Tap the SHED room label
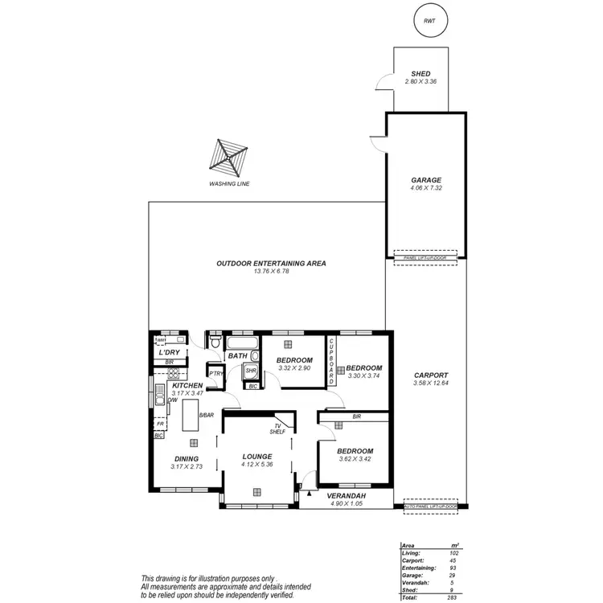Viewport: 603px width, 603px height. [420, 74]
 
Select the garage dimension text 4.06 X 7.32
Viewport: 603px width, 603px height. [426, 188]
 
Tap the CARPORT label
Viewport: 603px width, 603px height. [431, 376]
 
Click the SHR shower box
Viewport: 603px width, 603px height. [251, 371]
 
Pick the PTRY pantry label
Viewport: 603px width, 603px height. [215, 373]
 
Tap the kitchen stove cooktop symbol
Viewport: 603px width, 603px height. [160, 399]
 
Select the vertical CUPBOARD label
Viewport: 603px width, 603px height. [330, 363]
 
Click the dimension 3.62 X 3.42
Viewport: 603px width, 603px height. [353, 460]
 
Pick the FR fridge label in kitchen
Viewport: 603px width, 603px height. [161, 424]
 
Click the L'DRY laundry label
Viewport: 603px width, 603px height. [169, 352]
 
